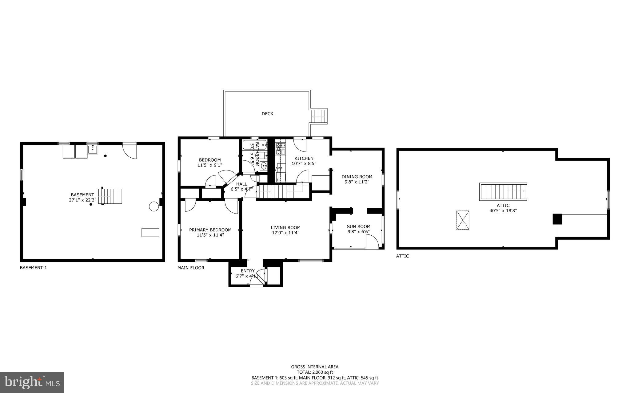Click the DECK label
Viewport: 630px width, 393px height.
[267, 114]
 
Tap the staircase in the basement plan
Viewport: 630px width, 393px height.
[110, 196]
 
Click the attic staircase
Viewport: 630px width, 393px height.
[503, 192]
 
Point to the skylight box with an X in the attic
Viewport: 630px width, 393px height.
[463, 220]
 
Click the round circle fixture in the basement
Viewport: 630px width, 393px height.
[154, 206]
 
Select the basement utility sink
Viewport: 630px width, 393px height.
[92, 149]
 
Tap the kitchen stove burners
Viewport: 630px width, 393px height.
[281, 149]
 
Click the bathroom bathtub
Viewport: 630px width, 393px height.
[255, 144]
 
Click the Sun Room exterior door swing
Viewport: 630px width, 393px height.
[372, 242]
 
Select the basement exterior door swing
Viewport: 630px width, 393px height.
[130, 151]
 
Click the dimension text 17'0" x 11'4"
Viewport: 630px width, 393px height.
[285, 233]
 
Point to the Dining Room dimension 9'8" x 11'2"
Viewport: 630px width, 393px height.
[357, 182]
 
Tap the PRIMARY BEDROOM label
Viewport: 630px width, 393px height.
[210, 230]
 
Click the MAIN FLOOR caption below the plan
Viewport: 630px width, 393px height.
[191, 268]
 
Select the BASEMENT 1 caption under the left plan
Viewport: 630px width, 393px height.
[33, 268]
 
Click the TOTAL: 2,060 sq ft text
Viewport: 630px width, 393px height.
[315, 372]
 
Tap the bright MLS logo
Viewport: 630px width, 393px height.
[32, 382]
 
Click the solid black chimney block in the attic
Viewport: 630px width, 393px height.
[557, 219]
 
